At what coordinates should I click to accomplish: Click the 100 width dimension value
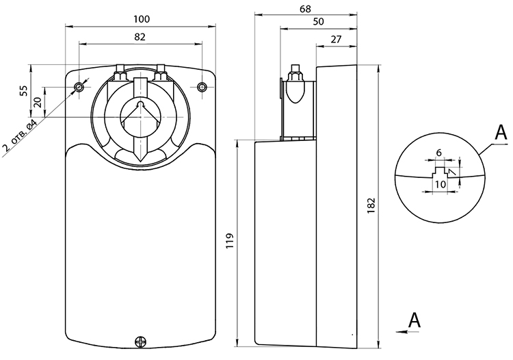[x=142, y=19]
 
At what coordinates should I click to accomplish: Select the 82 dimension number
[x=140, y=37]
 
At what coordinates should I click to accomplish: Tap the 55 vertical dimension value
[x=23, y=90]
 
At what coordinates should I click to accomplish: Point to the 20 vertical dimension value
[x=38, y=102]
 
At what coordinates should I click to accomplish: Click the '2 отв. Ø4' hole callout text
[x=20, y=136]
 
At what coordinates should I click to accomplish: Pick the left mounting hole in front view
[x=79, y=87]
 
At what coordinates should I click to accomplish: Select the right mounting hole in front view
[x=202, y=87]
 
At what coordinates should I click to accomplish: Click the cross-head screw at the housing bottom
[x=141, y=342]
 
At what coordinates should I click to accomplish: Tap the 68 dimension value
[x=305, y=9]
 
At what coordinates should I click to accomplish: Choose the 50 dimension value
[x=318, y=22]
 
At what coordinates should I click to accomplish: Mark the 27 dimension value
[x=336, y=39]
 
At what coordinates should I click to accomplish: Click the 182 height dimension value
[x=371, y=206]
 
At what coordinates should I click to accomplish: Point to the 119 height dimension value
[x=230, y=241]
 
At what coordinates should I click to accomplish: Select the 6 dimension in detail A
[x=439, y=153]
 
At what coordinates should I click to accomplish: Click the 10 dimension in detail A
[x=440, y=184]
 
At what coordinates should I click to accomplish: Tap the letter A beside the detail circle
[x=501, y=133]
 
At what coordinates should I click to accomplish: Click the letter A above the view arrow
[x=415, y=320]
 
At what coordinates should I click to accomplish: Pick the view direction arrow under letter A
[x=408, y=332]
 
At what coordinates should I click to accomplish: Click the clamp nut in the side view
[x=295, y=75]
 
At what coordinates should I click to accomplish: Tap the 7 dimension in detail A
[x=453, y=172]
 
